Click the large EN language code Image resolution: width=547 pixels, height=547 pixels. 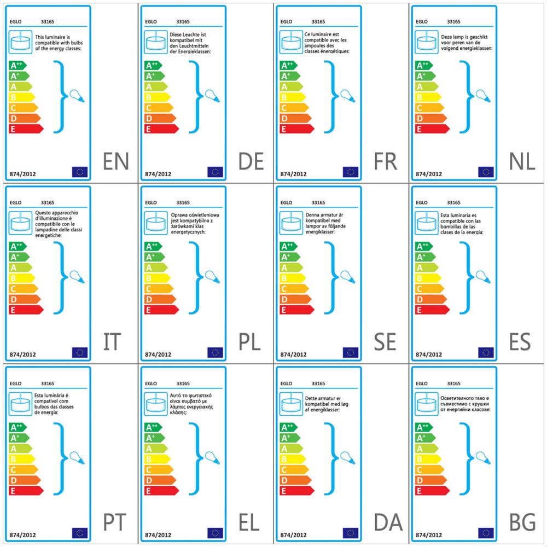click(116, 161)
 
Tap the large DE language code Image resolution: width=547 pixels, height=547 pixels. click(251, 161)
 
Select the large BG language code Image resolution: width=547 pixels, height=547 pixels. click(522, 522)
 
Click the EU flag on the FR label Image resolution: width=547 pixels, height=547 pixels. click(351, 172)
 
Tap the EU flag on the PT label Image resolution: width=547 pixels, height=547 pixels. click(80, 533)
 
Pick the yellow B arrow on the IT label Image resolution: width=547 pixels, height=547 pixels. click(22, 278)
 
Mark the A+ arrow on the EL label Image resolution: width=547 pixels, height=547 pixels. click(155, 438)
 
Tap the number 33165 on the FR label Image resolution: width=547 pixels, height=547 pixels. click(318, 22)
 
